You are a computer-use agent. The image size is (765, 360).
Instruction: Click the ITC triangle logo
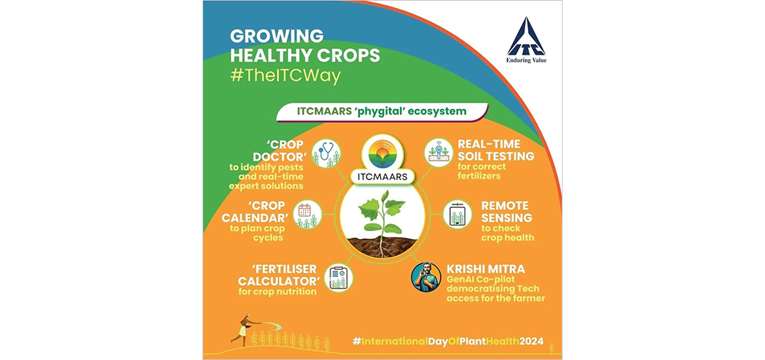526,37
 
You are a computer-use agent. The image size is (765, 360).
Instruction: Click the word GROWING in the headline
277,36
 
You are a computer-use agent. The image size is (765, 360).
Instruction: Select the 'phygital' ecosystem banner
382,111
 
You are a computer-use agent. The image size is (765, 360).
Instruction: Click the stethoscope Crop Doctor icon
326,153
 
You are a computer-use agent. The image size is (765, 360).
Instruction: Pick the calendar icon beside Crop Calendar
306,215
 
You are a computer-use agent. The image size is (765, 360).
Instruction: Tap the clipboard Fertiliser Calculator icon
339,278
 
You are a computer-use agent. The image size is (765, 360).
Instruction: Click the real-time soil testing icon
439,153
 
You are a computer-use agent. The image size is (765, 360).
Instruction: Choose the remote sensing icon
457,215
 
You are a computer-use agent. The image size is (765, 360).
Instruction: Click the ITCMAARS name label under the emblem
382,176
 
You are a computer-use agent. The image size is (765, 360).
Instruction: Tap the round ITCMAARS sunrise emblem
382,152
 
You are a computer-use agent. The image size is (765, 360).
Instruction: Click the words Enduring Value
526,60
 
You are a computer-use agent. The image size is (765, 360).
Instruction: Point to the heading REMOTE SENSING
506,212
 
